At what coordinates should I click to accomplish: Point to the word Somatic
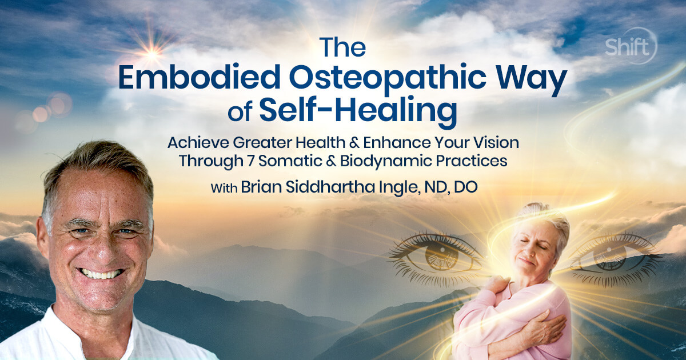(290, 161)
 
